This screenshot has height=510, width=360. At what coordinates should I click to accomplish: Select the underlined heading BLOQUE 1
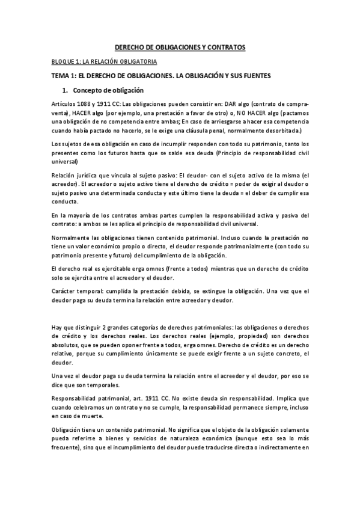pyautogui.click(x=103, y=61)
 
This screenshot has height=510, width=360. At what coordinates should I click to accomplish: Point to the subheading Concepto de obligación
pyautogui.click(x=109, y=90)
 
